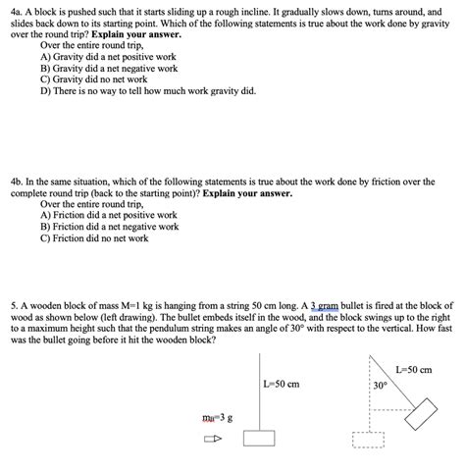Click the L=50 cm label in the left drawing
[281, 385]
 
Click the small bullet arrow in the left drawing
[211, 438]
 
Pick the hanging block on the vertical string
[259, 438]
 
